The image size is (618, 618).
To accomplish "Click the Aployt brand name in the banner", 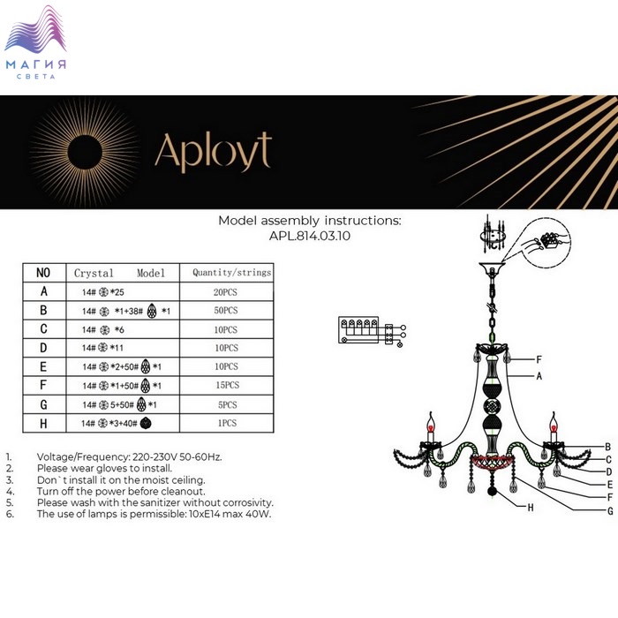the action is pos(214,152).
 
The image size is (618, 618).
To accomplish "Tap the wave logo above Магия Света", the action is pos(35,29).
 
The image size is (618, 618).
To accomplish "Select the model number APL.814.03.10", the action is pos(309,236).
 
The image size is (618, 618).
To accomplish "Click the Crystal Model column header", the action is pos(119,273).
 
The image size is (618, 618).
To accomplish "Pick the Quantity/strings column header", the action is pos(231,272).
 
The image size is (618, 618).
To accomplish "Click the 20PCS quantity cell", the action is pos(225,292).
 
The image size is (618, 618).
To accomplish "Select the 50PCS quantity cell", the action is pos(226,310).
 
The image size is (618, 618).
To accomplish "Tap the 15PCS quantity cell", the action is pos(228,385).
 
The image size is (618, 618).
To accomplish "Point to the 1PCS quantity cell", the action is pos(227,423).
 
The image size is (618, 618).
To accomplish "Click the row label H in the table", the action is pos(43,423).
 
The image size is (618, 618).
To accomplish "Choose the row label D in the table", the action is pos(43,348).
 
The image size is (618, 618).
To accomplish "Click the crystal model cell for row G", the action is pos(119,404).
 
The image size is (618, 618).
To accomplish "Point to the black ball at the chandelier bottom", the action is pos(493,492).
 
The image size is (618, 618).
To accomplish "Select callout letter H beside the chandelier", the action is pos(531,508).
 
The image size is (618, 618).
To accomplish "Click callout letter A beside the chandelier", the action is pos(539,376).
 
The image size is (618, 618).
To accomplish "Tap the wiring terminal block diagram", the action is pos(372,332).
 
